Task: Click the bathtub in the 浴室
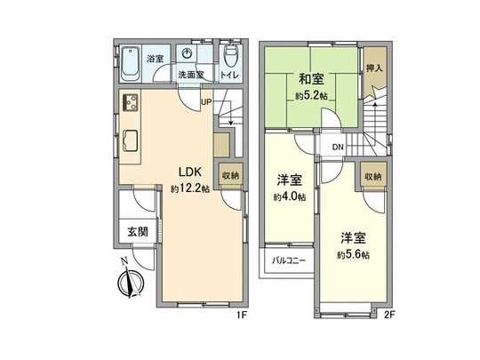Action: tap(131, 64)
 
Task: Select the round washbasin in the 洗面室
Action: tap(187, 53)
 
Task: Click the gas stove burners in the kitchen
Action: tap(131, 102)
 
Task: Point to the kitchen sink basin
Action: tap(131, 140)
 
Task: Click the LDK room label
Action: tap(190, 172)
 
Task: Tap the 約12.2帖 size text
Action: tap(190, 188)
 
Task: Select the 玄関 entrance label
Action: tap(138, 232)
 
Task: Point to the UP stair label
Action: tap(206, 101)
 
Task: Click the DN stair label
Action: tap(338, 147)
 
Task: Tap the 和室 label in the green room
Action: tap(311, 79)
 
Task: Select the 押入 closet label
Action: tap(375, 68)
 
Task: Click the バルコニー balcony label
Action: tap(289, 260)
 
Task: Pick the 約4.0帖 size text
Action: tap(289, 196)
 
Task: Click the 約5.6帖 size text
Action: tap(353, 255)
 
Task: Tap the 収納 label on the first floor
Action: tap(230, 176)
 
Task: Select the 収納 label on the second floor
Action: tap(373, 177)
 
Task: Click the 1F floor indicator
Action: tap(242, 315)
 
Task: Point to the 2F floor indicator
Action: tap(389, 315)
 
